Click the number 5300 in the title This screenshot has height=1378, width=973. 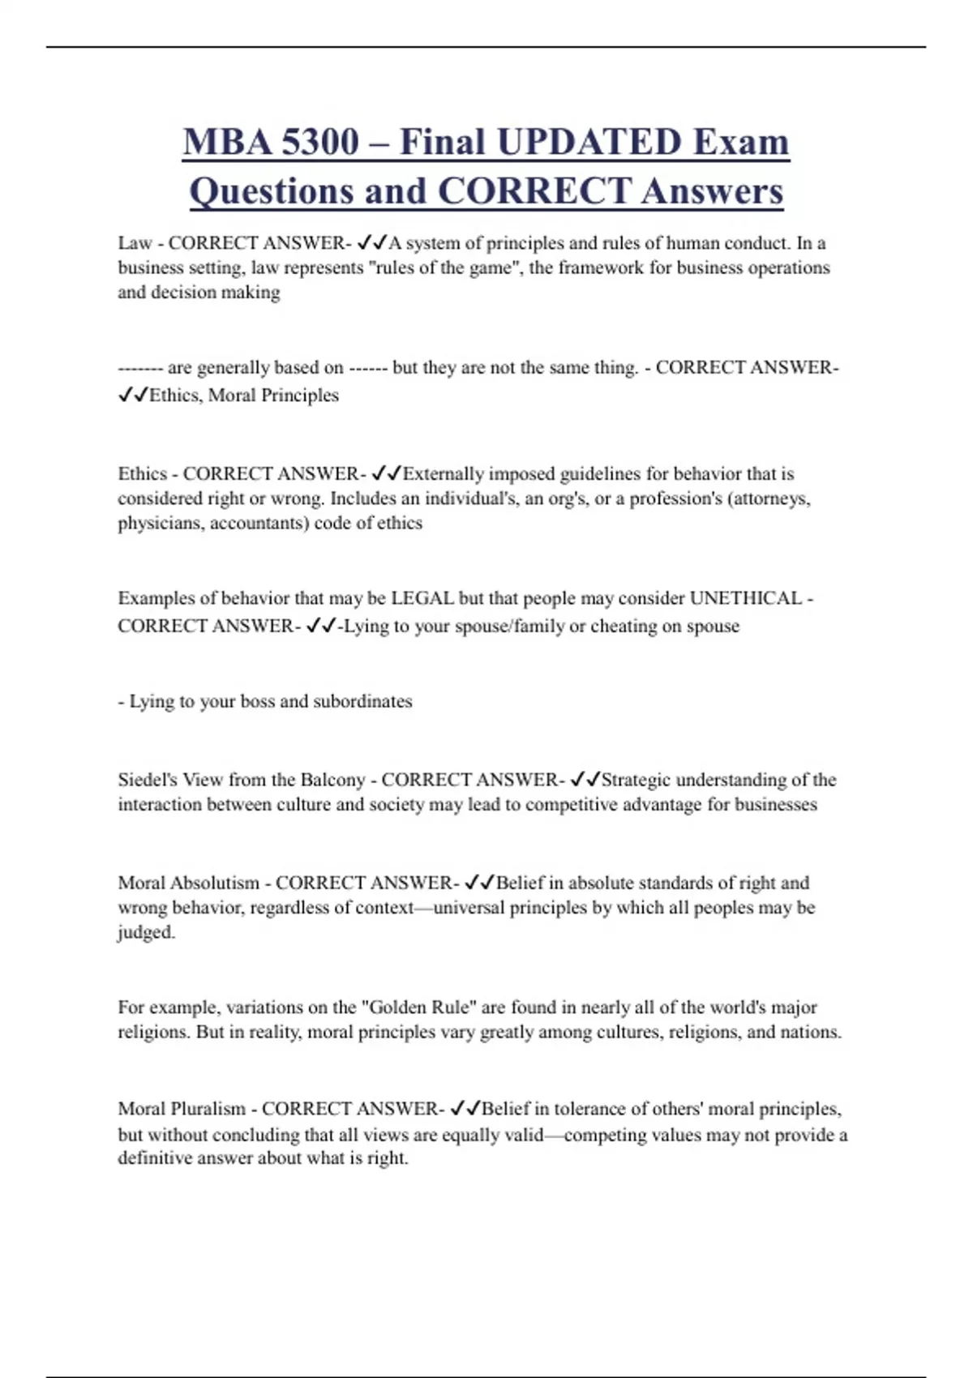coord(319,143)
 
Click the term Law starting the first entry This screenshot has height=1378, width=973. coord(135,243)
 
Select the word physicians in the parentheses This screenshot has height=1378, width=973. coord(161,523)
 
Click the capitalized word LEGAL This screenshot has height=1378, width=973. coord(422,598)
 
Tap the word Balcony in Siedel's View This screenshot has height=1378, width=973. coord(332,780)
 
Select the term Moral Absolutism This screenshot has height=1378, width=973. coord(189,883)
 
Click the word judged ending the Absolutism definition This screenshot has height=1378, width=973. coord(145,932)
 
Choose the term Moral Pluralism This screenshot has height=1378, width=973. coord(182,1109)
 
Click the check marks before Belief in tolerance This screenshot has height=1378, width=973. coord(465,1109)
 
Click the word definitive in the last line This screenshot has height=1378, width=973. coord(155,1158)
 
